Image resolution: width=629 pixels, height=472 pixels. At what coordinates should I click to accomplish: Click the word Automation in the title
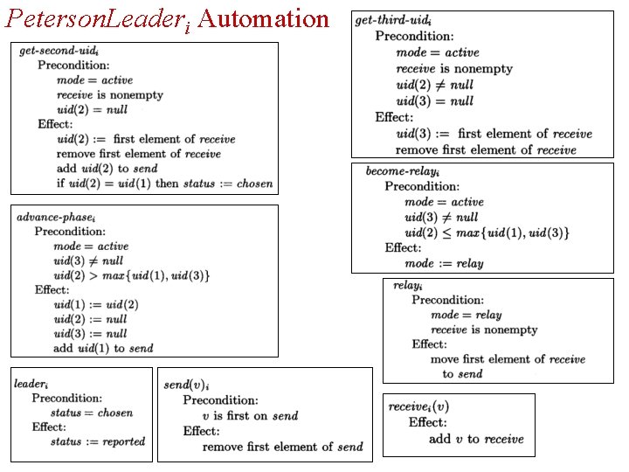click(263, 18)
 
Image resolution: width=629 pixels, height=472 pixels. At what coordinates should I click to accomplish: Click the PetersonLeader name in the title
click(97, 20)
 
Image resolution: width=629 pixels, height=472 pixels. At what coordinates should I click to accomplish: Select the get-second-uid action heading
click(59, 51)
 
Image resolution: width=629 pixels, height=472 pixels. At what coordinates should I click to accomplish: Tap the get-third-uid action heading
click(393, 20)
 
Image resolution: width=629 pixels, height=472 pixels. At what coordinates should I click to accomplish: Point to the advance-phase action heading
click(56, 218)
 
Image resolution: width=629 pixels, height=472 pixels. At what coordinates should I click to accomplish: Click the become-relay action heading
click(403, 171)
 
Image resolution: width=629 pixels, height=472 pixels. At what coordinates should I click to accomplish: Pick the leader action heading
click(31, 384)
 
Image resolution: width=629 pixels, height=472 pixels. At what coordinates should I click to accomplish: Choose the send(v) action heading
click(186, 385)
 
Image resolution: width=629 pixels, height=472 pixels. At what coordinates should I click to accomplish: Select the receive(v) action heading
click(418, 407)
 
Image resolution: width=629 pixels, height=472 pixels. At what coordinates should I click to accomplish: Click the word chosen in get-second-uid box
click(255, 184)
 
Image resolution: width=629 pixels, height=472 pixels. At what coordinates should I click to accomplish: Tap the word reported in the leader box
click(124, 441)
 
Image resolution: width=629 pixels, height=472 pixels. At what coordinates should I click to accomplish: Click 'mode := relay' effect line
click(444, 263)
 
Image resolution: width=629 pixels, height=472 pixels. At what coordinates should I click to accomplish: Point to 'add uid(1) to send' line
click(103, 348)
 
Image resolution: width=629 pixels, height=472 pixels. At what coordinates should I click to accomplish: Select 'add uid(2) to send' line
click(107, 169)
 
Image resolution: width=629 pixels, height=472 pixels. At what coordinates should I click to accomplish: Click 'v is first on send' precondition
click(250, 416)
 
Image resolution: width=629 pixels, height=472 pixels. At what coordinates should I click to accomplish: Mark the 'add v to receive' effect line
click(476, 439)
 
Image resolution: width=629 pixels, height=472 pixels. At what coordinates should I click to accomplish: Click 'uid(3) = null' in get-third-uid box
click(434, 101)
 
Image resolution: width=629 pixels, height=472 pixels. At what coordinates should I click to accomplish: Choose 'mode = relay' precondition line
click(467, 315)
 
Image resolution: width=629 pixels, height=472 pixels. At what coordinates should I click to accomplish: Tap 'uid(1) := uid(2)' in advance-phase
click(96, 305)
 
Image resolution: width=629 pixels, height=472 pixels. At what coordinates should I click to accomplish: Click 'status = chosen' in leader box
click(92, 413)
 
